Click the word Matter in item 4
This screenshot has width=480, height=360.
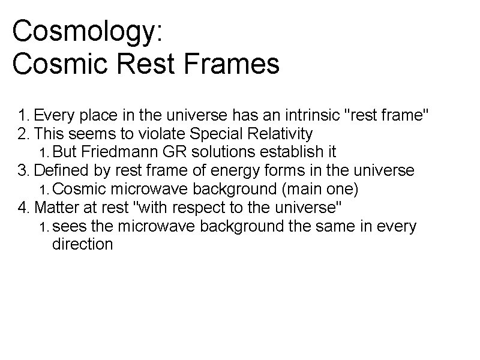click(56, 208)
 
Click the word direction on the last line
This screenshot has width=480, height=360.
click(82, 244)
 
